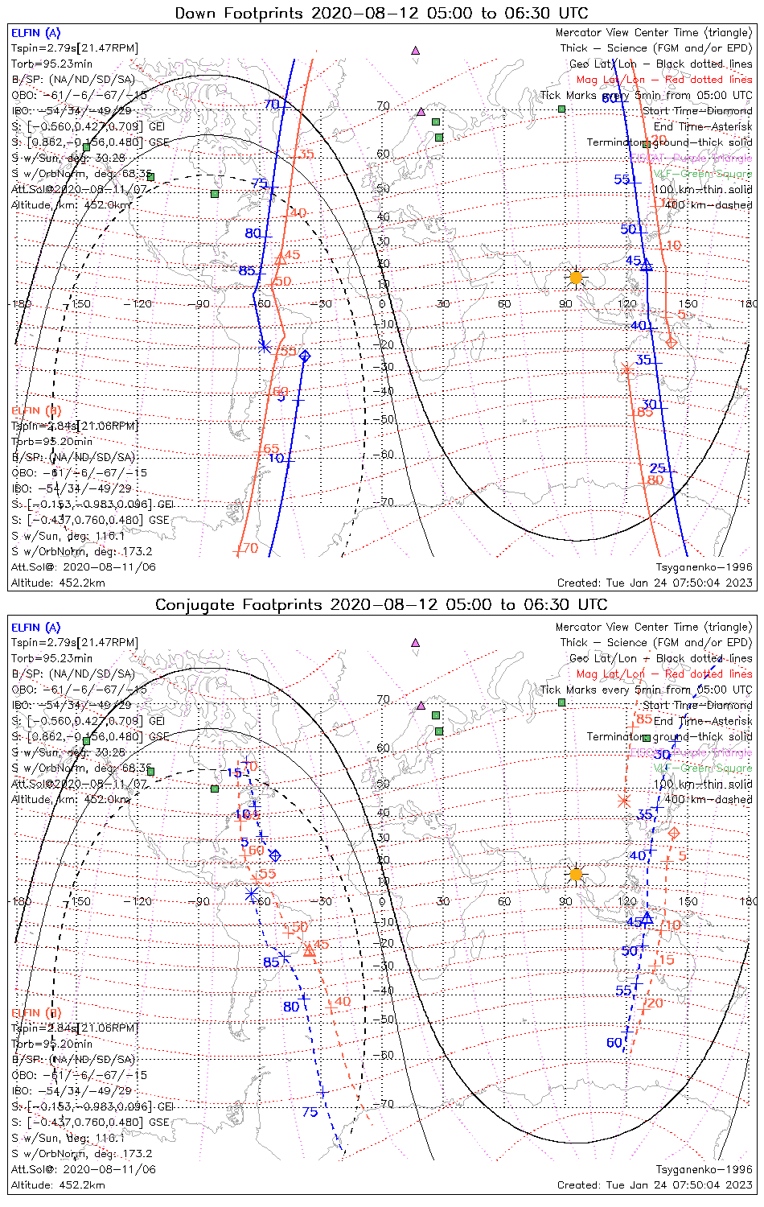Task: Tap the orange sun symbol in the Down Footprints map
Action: coord(575,278)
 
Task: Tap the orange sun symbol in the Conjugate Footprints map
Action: coord(575,874)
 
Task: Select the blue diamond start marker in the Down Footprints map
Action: coord(304,356)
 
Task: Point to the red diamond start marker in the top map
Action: coord(671,342)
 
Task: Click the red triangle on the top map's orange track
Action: coord(281,258)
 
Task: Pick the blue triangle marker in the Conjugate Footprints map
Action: coord(647,917)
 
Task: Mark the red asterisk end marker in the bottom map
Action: coord(624,801)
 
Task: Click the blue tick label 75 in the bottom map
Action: coord(310,1112)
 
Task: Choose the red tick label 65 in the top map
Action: coord(271,449)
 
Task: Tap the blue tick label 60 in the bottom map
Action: coord(614,1043)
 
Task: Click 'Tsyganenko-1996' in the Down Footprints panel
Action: coord(704,566)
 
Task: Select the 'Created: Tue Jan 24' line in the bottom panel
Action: coord(655,1184)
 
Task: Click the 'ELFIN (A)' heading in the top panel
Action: coord(35,33)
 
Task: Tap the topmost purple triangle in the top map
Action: coord(415,50)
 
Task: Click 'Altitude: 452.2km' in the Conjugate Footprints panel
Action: coord(58,1184)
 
